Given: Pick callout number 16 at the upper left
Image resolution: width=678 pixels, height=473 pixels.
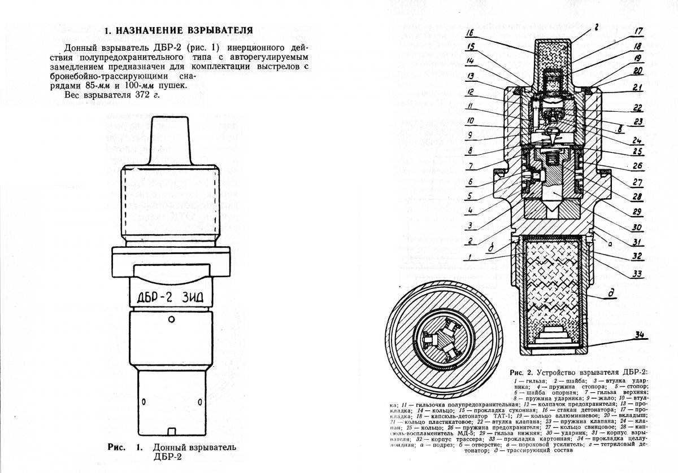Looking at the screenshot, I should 470,33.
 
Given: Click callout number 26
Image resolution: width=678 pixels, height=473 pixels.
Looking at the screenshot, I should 638,166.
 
